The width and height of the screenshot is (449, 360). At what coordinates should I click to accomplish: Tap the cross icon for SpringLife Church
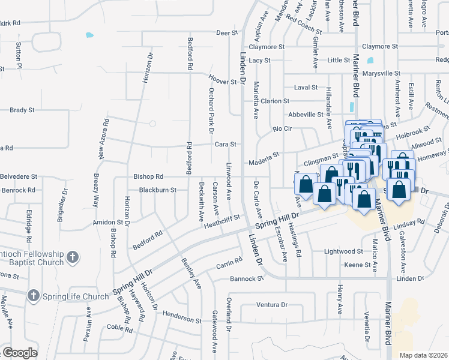[33, 296]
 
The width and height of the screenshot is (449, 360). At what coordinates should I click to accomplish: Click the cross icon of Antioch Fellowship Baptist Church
[71, 258]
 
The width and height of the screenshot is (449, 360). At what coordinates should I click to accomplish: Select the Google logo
[19, 353]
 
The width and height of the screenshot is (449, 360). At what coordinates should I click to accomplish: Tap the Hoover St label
[223, 80]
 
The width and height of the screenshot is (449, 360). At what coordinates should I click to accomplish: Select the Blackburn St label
[157, 190]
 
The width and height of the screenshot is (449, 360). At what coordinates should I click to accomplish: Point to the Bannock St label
[247, 278]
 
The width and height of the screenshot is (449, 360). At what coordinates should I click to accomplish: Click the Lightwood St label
[343, 251]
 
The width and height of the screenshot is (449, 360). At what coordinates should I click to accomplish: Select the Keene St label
[357, 265]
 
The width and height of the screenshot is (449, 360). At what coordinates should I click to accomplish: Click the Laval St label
[306, 88]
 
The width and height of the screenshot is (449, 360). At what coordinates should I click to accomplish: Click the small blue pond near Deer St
[89, 35]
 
